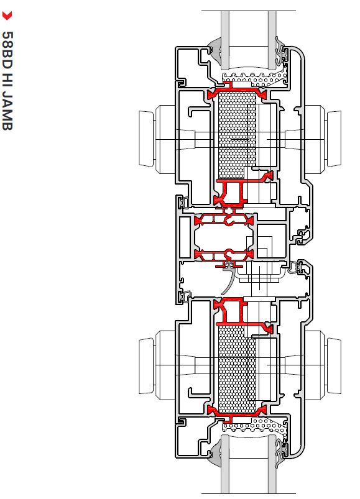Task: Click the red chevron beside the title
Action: point(7,16)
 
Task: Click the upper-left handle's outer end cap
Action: point(146,139)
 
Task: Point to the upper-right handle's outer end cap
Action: point(334,139)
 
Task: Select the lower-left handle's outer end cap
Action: point(146,367)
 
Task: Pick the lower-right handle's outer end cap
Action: point(334,367)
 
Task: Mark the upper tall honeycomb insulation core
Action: point(237,136)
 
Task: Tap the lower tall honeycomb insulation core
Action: point(237,369)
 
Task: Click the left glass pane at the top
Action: point(225,40)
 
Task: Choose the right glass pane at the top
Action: point(272,40)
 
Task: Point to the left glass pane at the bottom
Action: point(225,464)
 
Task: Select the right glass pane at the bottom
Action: point(272,464)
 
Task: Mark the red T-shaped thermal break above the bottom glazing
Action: point(236,414)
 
